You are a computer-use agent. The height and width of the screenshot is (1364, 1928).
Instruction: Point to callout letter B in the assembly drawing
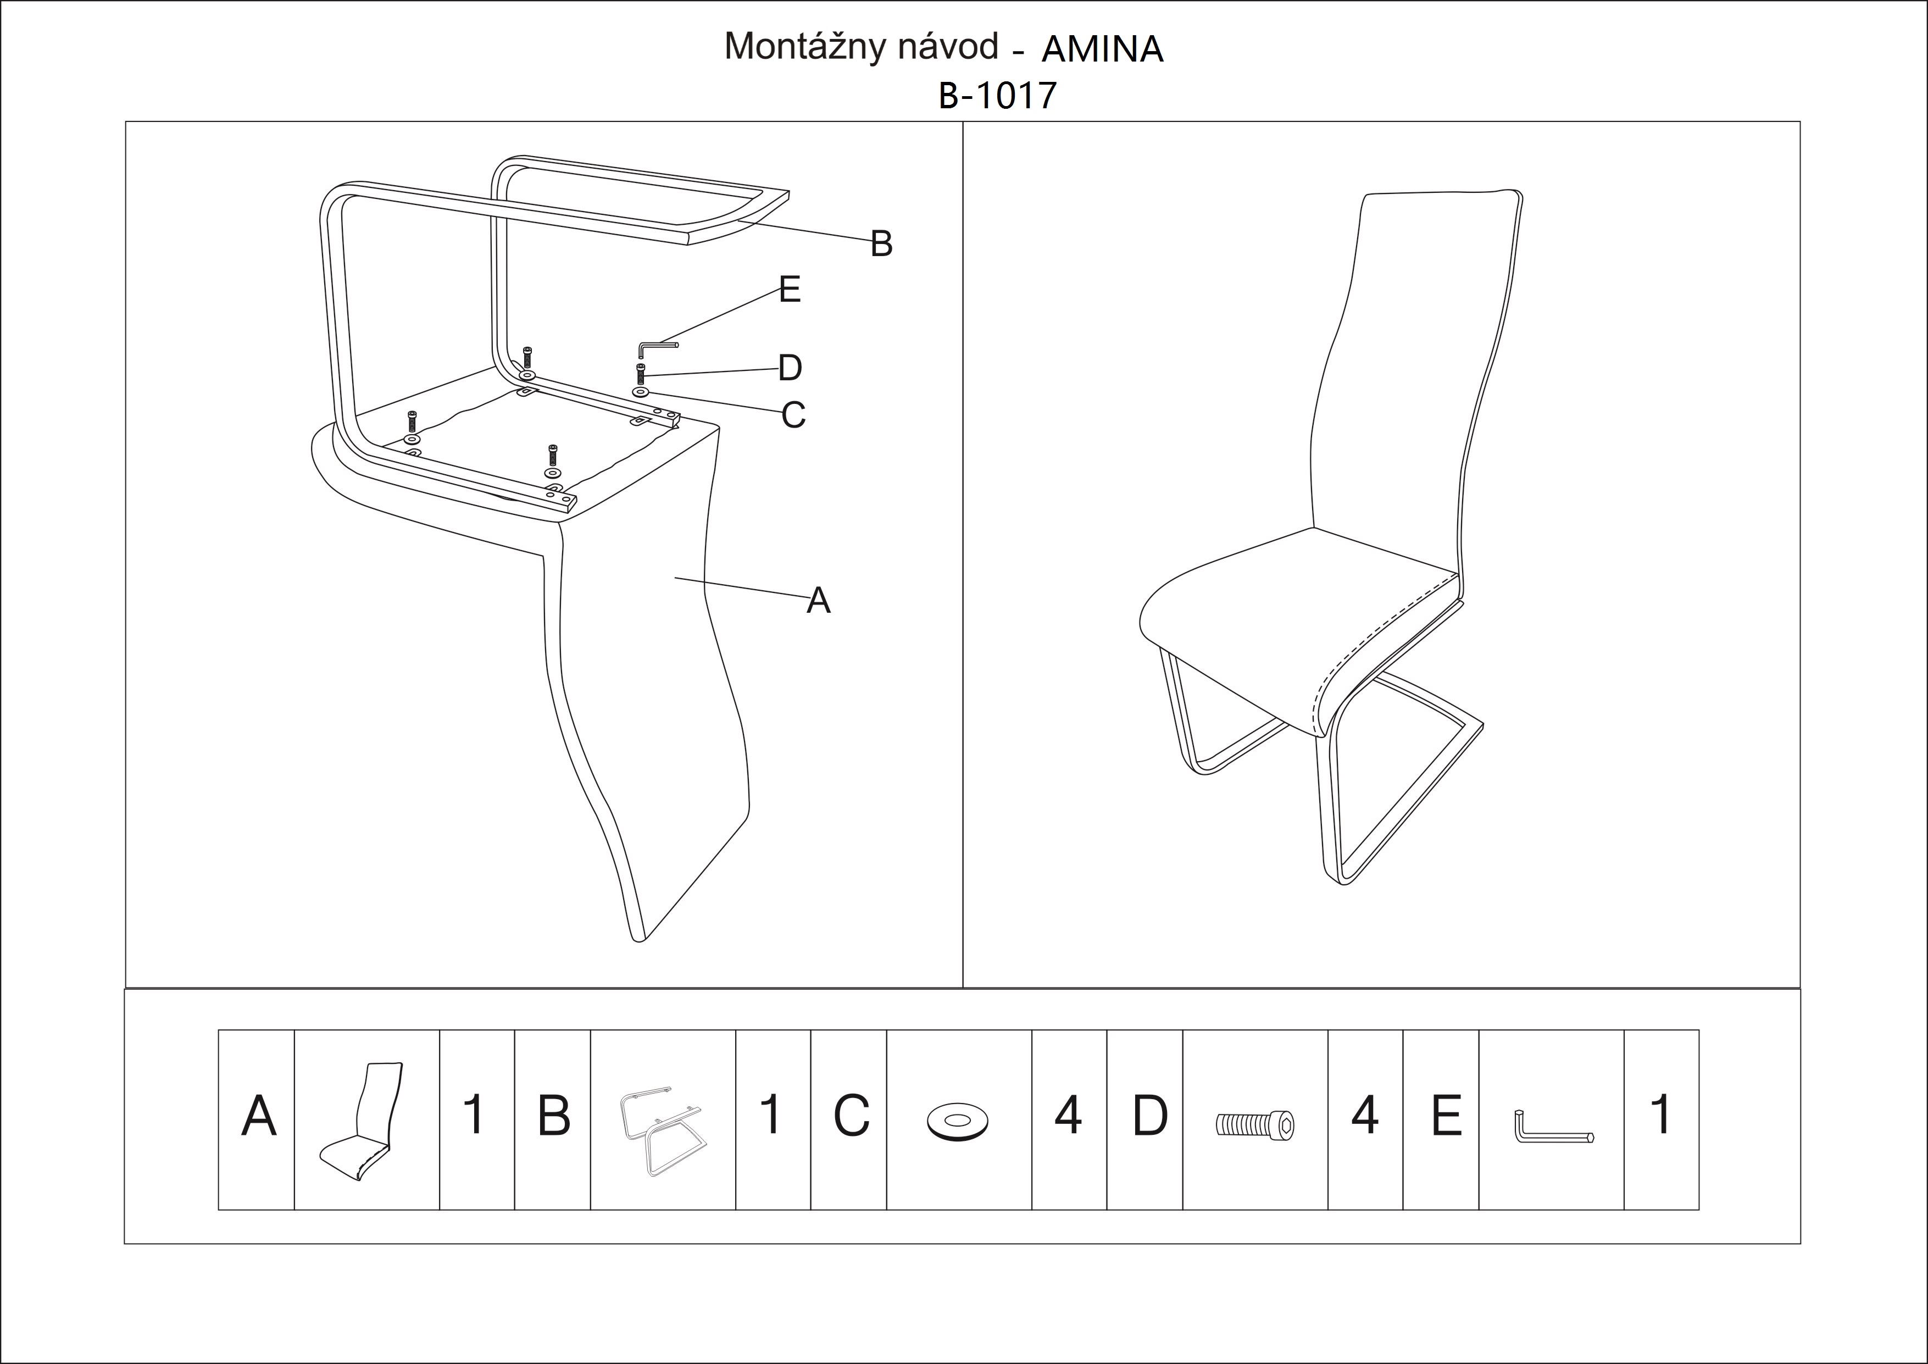coord(881,243)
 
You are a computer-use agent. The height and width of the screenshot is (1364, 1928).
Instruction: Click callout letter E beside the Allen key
coord(790,289)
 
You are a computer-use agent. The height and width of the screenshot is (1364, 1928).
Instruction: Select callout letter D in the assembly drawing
coord(790,367)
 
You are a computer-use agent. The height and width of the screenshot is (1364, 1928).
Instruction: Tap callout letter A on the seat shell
coord(819,601)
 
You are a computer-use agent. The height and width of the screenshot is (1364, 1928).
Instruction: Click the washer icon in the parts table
coord(957,1121)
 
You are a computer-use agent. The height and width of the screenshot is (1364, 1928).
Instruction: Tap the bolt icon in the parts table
coord(1254,1124)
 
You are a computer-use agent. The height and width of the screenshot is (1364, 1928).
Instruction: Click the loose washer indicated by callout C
coord(641,392)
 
